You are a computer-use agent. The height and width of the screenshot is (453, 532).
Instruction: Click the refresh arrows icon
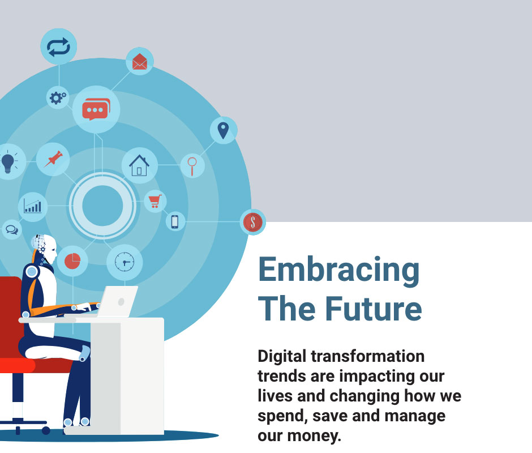[58, 47]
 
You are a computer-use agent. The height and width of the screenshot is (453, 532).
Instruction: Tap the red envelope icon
[139, 62]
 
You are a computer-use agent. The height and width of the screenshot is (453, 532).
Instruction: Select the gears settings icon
[58, 98]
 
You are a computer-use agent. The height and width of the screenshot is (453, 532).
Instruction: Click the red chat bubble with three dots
[96, 109]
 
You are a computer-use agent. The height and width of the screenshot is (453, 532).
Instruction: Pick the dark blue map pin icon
[223, 130]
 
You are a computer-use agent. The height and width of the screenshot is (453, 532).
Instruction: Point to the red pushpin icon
[53, 159]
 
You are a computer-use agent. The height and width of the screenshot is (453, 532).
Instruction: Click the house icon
[139, 165]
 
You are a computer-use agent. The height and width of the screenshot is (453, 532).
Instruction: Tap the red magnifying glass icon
[192, 166]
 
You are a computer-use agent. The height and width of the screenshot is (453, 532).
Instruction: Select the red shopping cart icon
[155, 201]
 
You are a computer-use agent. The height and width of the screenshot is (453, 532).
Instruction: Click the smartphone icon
[175, 222]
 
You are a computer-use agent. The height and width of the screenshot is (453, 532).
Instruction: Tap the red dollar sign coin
[253, 223]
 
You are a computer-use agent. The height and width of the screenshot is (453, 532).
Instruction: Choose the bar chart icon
[33, 206]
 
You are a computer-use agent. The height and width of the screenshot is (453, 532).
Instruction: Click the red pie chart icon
[72, 261]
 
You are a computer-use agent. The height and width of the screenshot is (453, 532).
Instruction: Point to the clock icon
[125, 262]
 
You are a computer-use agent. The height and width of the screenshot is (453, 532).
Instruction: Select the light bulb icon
[8, 163]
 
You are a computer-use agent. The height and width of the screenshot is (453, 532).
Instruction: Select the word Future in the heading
[374, 309]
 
